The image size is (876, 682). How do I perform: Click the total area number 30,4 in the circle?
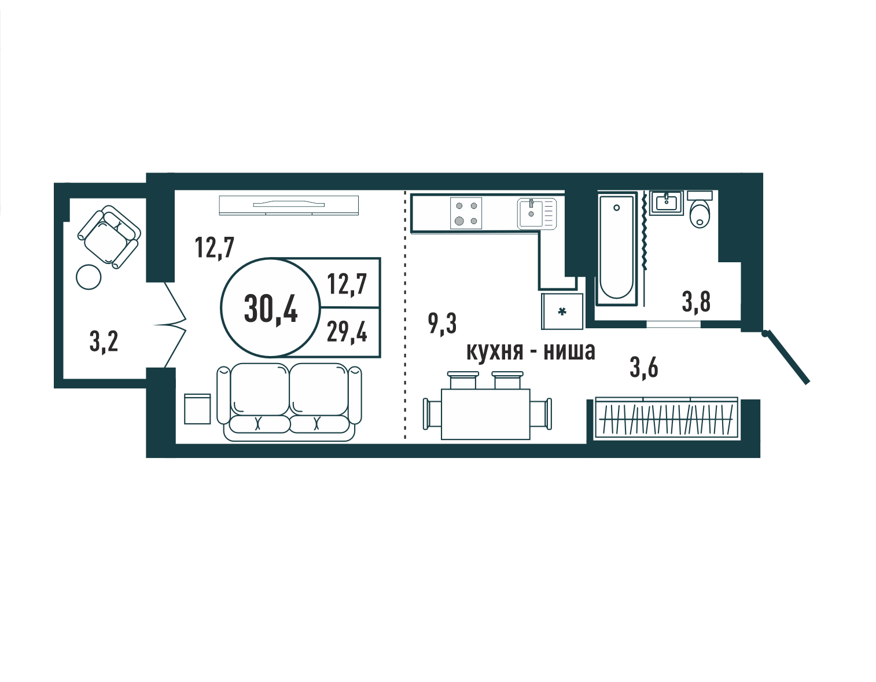click(271, 309)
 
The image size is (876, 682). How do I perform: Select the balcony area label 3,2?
click(104, 342)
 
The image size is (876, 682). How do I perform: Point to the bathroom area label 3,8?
click(696, 302)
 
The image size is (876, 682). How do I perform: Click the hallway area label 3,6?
click(644, 368)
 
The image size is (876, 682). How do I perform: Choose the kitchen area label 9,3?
click(442, 324)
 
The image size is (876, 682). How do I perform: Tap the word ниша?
click(569, 351)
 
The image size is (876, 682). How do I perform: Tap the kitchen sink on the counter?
click(536, 214)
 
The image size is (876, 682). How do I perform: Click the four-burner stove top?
click(466, 214)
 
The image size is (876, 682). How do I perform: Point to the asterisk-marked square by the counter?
click(562, 311)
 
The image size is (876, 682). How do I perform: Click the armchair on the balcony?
click(109, 237)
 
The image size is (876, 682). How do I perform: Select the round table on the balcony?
click(89, 277)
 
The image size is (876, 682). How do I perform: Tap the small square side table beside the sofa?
click(197, 409)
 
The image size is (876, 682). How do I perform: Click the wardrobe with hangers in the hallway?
click(667, 418)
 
